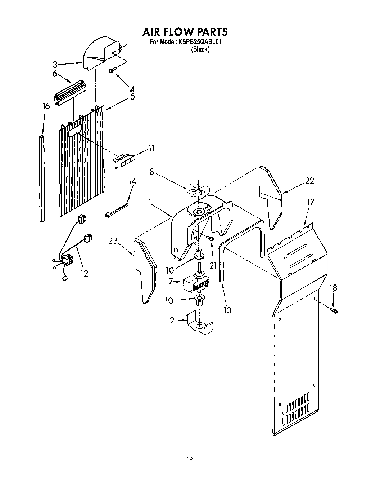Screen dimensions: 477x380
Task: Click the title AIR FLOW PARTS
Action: (x=185, y=32)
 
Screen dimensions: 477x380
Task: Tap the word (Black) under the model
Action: (x=200, y=49)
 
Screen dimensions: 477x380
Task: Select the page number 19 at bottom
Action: (x=189, y=459)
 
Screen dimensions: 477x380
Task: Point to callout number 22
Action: (x=309, y=181)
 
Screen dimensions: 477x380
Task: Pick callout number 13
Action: (x=227, y=309)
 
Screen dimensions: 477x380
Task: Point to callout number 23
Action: (x=113, y=241)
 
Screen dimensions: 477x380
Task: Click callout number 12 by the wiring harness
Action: (x=84, y=273)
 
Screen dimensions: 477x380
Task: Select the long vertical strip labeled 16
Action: (x=42, y=178)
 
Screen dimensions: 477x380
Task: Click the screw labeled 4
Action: (x=112, y=70)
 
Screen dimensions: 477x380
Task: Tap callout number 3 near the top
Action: (x=55, y=65)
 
